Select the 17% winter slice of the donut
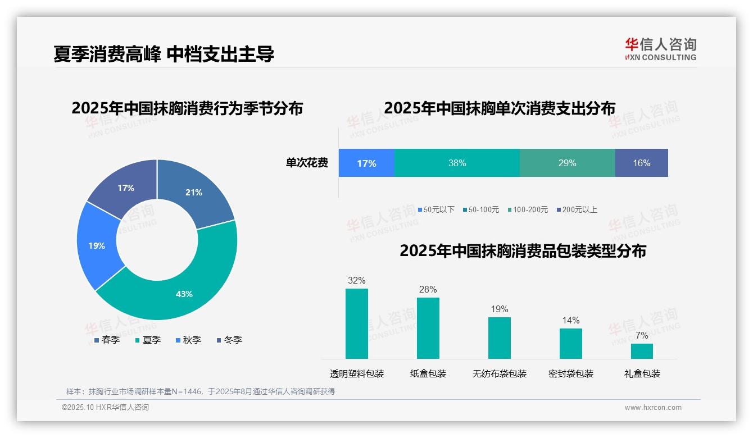[125, 186]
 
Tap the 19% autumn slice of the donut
[97, 246]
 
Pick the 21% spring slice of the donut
[194, 192]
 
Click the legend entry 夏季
[148, 340]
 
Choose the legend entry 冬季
[229, 340]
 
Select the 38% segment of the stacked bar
[457, 163]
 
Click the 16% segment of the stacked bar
[641, 163]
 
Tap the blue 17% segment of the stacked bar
[366, 163]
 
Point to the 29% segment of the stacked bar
[567, 163]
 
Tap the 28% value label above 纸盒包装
[428, 289]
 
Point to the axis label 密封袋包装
[571, 373]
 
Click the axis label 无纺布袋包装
[500, 373]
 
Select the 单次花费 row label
[307, 163]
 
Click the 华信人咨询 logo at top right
[660, 49]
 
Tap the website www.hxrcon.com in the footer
[653, 408]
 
